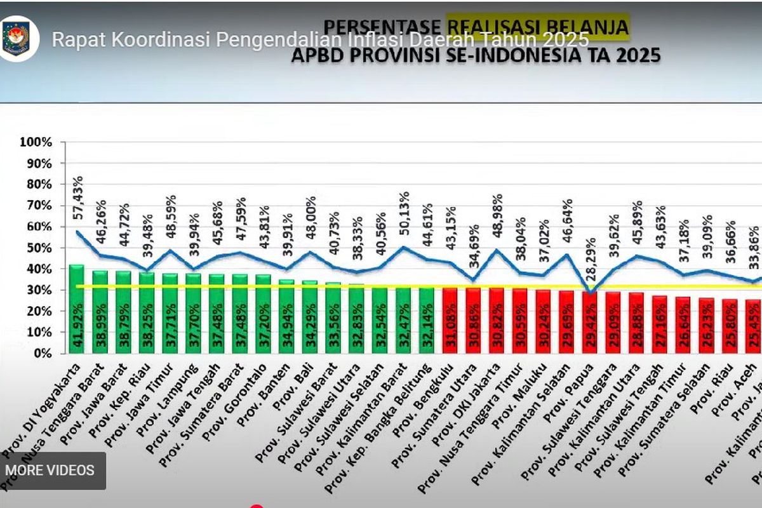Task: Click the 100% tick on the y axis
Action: tap(36, 142)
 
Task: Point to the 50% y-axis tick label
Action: tap(39, 248)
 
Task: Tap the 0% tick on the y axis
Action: tap(43, 353)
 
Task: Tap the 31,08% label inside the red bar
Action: tap(450, 334)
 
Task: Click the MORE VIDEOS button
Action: tap(50, 471)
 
